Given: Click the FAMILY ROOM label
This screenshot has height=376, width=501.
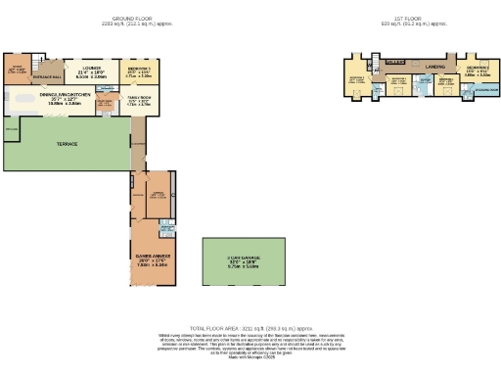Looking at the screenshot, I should click(x=142, y=100).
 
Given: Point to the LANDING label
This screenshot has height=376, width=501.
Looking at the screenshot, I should click(x=433, y=67).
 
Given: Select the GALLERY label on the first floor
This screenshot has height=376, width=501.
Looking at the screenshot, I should click(x=395, y=61).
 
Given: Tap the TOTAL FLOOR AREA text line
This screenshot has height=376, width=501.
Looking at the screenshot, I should click(x=250, y=328).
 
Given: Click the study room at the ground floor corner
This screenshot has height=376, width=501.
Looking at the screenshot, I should click(x=17, y=70).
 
